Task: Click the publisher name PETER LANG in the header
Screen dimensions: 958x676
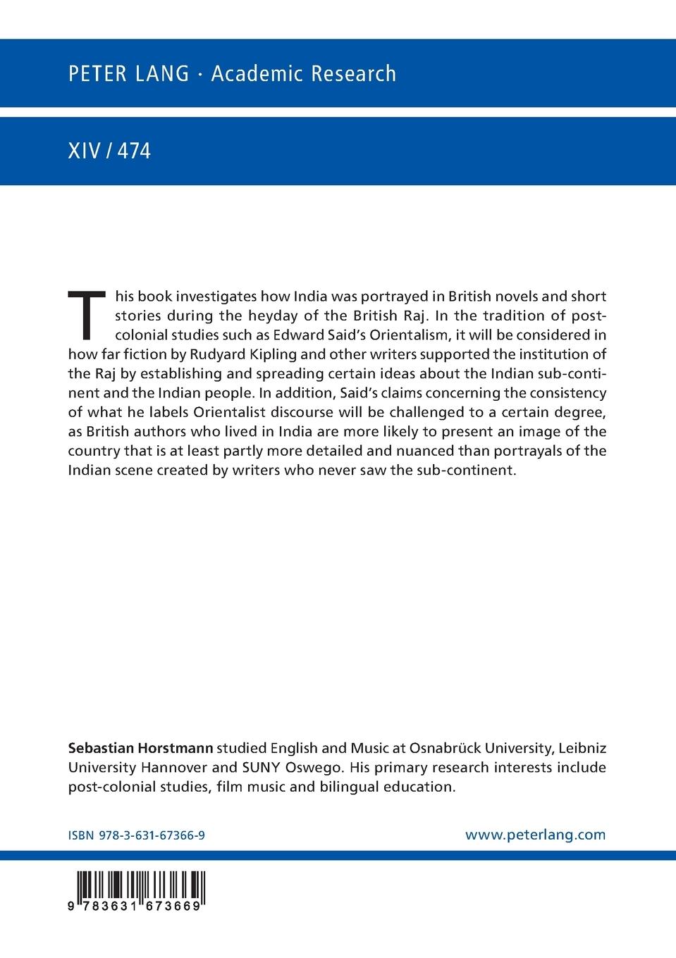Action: tap(128, 73)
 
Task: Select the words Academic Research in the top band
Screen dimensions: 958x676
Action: tap(304, 73)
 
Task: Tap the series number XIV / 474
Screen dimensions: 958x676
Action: tap(109, 151)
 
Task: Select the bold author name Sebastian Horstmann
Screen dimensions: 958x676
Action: tap(140, 747)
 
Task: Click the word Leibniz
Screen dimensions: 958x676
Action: tap(582, 747)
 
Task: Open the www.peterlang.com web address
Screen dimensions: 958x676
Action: tap(535, 835)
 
